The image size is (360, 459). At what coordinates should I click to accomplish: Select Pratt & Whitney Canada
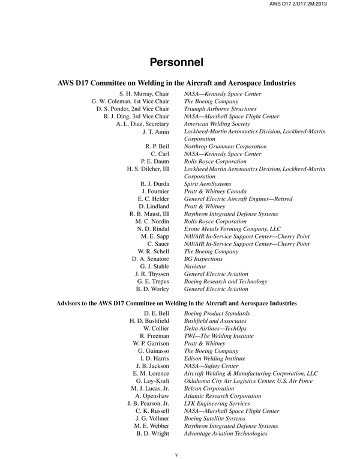219,191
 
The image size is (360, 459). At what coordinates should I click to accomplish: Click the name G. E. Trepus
153,280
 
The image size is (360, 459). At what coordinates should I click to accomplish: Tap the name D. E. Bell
157,314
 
